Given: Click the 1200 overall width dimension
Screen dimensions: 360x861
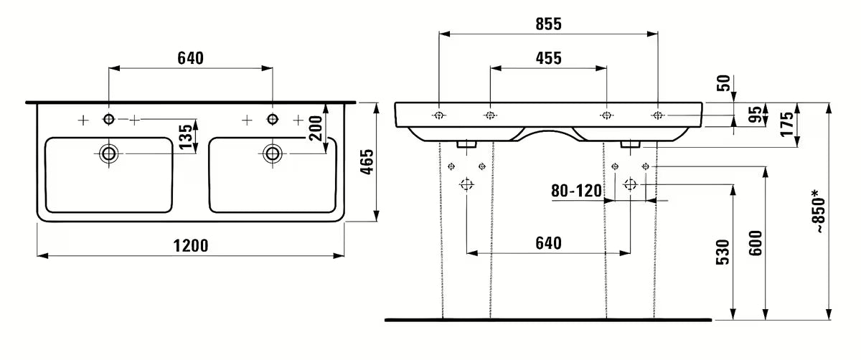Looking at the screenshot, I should pos(190,246).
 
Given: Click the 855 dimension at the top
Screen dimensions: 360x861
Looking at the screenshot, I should pos(548,24).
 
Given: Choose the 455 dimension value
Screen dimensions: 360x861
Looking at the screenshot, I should pos(548,58).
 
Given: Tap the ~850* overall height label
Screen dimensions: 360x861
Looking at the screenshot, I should pos(819,210).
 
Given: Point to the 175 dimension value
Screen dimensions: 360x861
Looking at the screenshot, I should pos(787,124).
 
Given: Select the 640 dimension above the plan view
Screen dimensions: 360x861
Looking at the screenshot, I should pos(190,58).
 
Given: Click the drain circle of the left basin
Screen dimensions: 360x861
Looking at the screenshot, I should pos(108,152).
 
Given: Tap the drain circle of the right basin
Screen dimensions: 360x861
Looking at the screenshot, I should pos(272,152).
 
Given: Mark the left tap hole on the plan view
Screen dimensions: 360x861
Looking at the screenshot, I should pos(108,119).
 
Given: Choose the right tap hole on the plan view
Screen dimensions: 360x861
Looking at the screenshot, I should pos(272,119).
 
